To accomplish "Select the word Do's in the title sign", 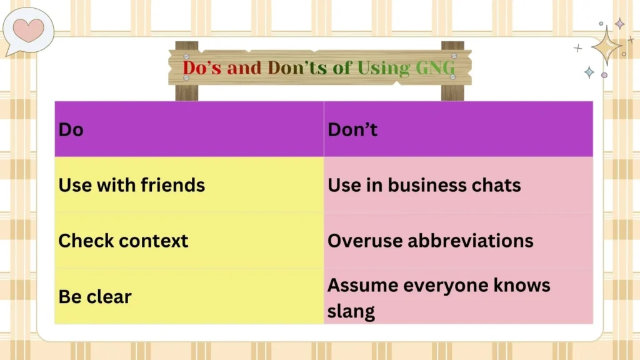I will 201,68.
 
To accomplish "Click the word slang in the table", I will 351,311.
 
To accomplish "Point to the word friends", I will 173,185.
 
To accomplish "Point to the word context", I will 156,241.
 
